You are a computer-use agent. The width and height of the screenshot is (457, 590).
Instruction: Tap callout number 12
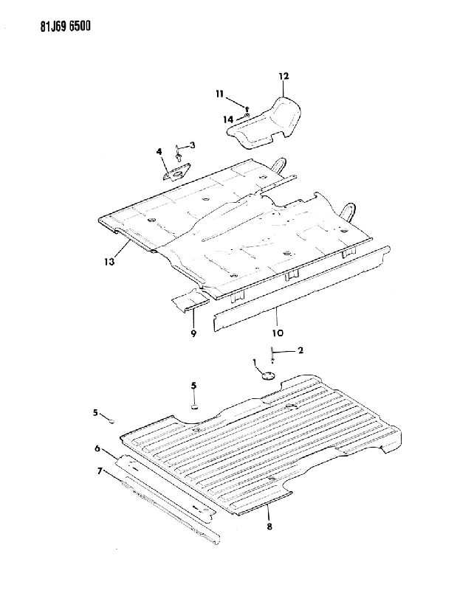pyautogui.click(x=284, y=76)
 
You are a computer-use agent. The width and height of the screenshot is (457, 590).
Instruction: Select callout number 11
pyautogui.click(x=221, y=94)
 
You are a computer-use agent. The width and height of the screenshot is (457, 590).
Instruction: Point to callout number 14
pyautogui.click(x=228, y=119)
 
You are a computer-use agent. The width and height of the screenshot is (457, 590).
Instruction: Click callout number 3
pyautogui.click(x=192, y=145)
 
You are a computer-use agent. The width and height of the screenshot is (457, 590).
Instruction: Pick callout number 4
pyautogui.click(x=159, y=151)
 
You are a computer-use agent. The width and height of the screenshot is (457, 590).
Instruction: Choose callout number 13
pyautogui.click(x=109, y=261)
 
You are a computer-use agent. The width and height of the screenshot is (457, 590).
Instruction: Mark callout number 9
pyautogui.click(x=193, y=333)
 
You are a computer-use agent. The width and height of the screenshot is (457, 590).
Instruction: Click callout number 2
pyautogui.click(x=300, y=350)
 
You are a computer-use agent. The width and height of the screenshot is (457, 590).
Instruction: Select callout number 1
pyautogui.click(x=255, y=362)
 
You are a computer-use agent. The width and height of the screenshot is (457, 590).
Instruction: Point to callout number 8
pyautogui.click(x=269, y=527)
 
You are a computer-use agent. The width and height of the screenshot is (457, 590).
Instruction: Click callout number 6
pyautogui.click(x=97, y=448)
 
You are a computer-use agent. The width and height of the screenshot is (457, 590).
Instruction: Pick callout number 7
pyautogui.click(x=100, y=471)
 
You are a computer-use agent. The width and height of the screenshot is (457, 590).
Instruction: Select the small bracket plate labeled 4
pyautogui.click(x=177, y=172)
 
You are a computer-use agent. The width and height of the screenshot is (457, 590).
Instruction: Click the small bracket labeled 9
pyautogui.click(x=190, y=300)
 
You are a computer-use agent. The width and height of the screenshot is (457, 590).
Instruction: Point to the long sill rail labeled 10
pyautogui.click(x=301, y=288)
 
